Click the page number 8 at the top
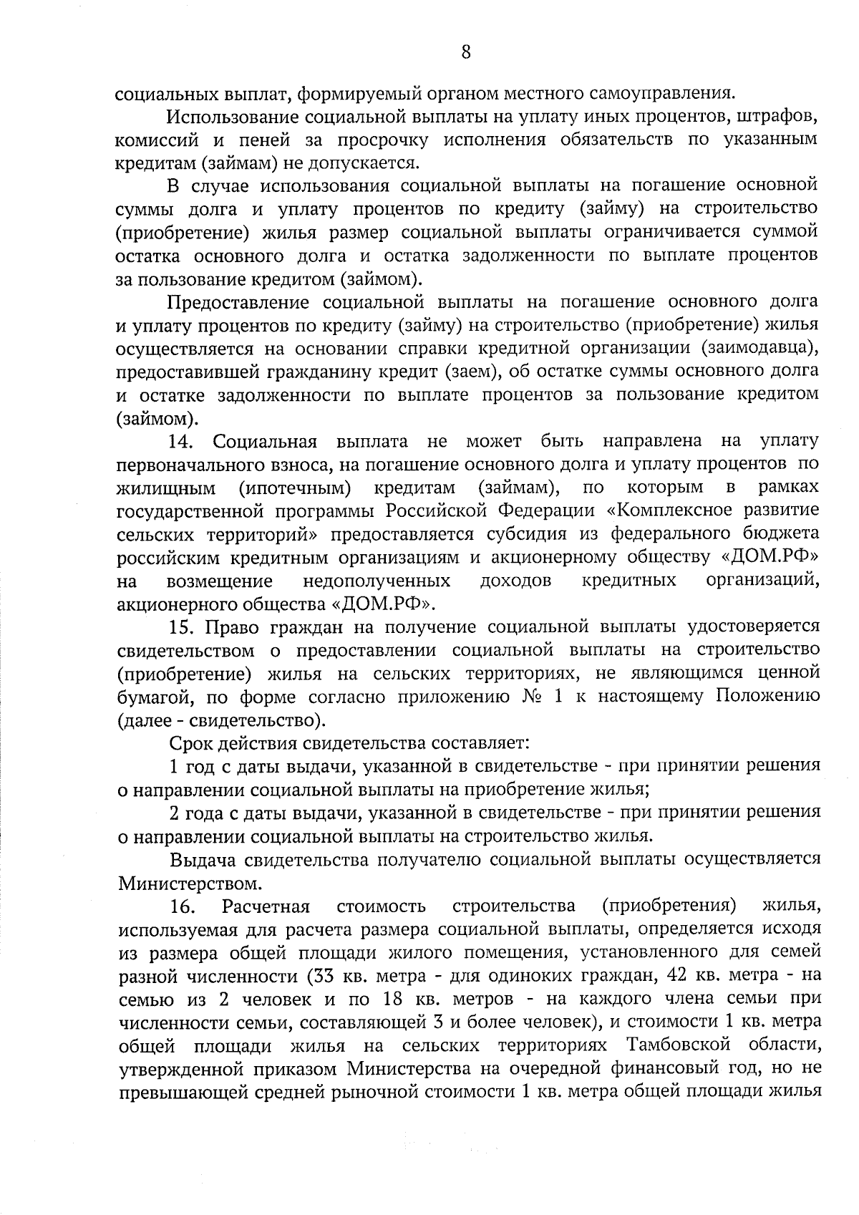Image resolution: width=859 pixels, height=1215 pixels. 466,52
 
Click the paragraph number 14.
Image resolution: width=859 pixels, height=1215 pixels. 182,440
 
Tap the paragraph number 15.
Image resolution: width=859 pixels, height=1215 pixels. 182,627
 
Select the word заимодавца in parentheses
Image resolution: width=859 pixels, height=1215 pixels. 759,348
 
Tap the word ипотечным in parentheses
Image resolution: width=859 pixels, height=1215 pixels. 294,488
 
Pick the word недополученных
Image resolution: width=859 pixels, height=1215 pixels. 377,580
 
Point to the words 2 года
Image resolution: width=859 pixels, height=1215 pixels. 199,813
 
